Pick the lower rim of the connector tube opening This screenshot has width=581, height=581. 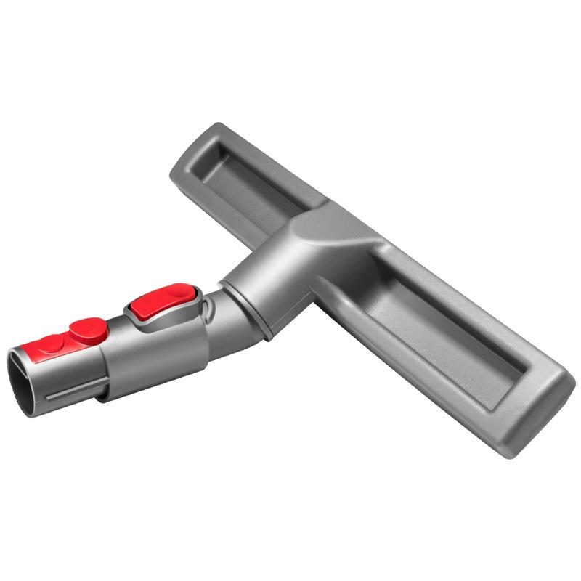click(x=29, y=410)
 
